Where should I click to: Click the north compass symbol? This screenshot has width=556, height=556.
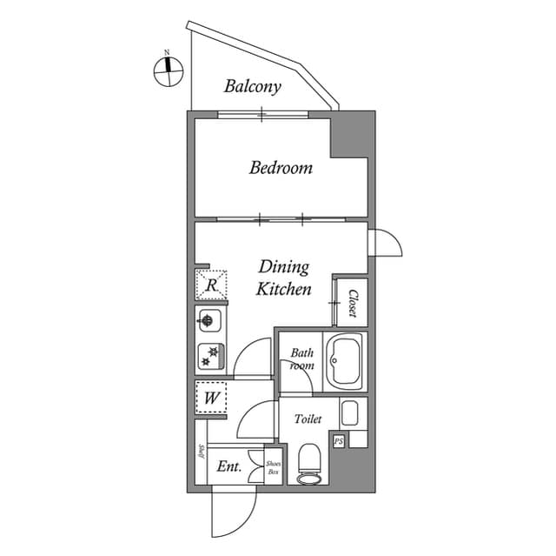[x=168, y=70]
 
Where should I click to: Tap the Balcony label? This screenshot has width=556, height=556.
[x=252, y=86]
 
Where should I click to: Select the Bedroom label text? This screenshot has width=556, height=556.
[x=281, y=167]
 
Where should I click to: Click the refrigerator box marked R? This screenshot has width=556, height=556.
[x=210, y=285]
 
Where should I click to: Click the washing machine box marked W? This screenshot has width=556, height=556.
[x=211, y=399]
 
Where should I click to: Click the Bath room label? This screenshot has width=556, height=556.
[x=301, y=359]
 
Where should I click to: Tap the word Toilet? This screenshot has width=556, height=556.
[x=308, y=419]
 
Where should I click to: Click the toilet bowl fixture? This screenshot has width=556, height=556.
[x=309, y=463]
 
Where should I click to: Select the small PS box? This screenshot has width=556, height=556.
[x=340, y=441]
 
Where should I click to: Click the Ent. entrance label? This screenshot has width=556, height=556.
[x=228, y=466]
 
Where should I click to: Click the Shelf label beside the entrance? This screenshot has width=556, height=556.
[x=202, y=452]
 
